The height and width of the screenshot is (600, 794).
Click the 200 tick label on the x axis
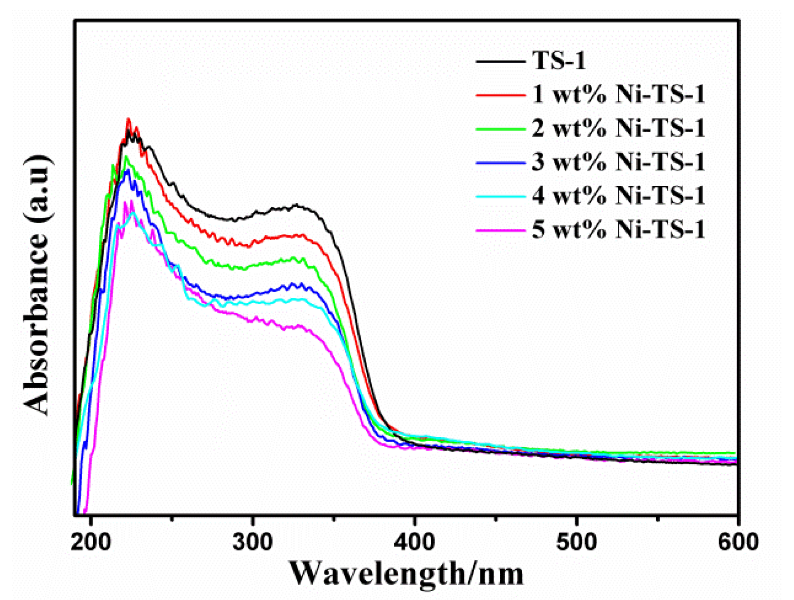[x=91, y=542]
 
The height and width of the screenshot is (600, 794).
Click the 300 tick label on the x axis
[x=253, y=542]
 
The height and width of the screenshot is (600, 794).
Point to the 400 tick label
[x=415, y=542]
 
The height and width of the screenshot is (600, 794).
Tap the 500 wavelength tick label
[x=576, y=542]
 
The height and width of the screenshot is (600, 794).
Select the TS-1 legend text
[x=559, y=60]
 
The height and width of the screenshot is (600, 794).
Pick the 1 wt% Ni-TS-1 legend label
[x=618, y=94]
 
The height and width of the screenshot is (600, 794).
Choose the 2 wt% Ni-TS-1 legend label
[x=618, y=128]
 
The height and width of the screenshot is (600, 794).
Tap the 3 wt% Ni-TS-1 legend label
[x=618, y=162]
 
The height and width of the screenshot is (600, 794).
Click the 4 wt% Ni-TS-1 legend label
[x=618, y=196]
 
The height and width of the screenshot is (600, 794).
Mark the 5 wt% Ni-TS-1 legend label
[x=618, y=229]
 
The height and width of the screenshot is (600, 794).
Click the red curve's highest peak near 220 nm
[x=128, y=119]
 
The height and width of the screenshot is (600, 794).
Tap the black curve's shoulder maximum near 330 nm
[x=297, y=205]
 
